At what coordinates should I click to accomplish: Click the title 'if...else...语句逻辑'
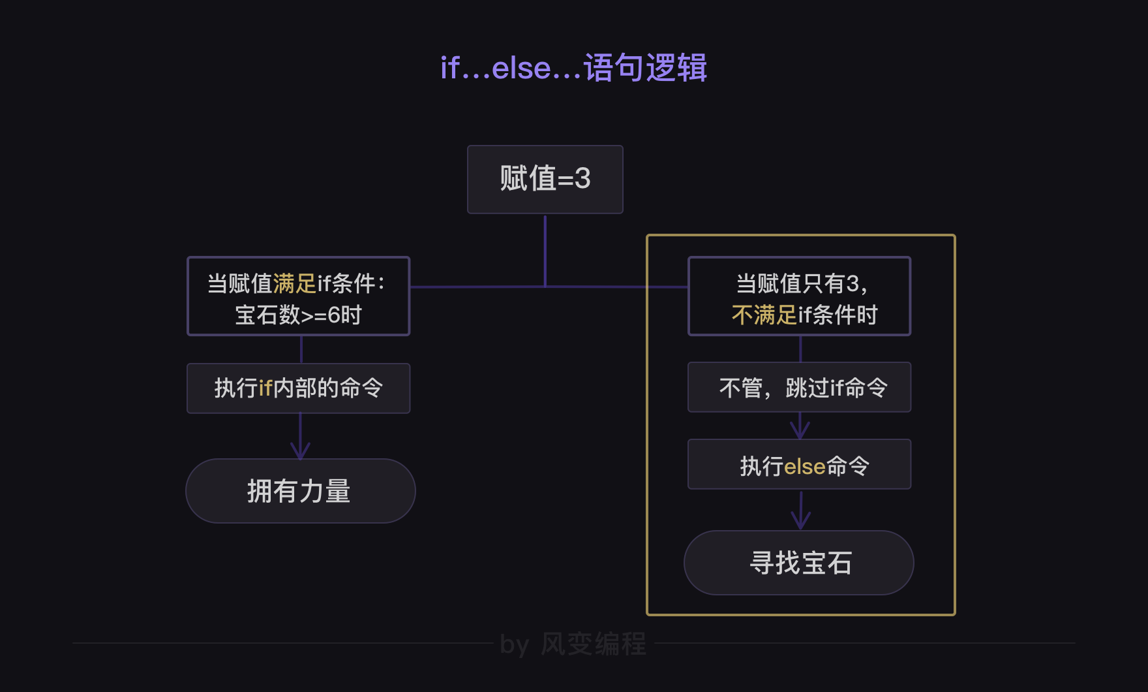coord(573,68)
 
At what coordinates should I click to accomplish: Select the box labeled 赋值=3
coord(545,180)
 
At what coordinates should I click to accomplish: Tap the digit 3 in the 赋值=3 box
coord(582,179)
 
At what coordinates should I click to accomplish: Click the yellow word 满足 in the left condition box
coord(294,284)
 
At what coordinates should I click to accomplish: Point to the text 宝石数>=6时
coord(298,315)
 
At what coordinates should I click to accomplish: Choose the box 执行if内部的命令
coord(298,388)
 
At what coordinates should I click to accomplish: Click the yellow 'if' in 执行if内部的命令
coord(265,388)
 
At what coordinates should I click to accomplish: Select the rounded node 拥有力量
coord(300,491)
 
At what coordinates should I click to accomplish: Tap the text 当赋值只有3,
coord(802,284)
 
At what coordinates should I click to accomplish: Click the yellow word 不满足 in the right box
coord(764,315)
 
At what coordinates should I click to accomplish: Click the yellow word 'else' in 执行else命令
coord(805,467)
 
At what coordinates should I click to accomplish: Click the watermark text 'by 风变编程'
coord(573,644)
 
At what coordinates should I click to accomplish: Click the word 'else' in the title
coord(521,68)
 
